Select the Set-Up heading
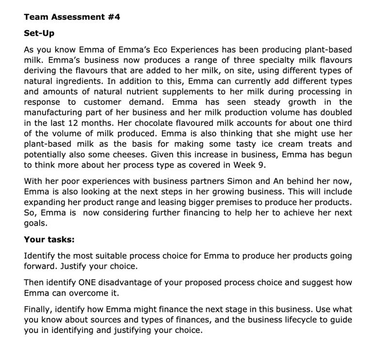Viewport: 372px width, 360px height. coord(39,33)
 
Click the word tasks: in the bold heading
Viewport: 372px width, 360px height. coord(60,239)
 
